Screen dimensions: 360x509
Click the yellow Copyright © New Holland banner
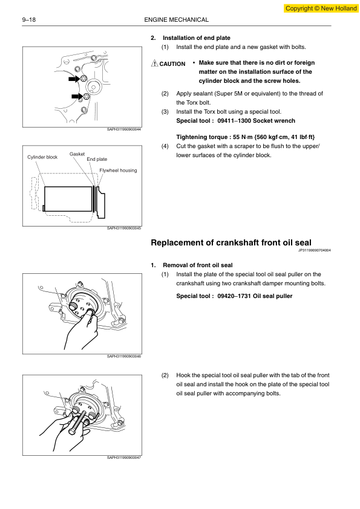coord(321,8)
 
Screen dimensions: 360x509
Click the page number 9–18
coord(29,20)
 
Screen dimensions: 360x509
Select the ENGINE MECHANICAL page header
coord(177,20)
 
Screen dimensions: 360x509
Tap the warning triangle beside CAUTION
coord(155,63)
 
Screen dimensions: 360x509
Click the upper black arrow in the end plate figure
coord(74,79)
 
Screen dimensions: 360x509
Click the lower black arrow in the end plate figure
coord(77,96)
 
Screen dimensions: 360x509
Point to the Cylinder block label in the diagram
coord(42,157)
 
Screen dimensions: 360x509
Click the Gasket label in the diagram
coord(77,154)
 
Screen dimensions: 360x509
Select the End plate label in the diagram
coord(97,159)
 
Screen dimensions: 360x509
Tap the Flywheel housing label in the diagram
coord(118,170)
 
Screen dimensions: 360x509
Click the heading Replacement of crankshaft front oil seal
coord(231,242)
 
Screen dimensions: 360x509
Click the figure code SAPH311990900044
coord(124,129)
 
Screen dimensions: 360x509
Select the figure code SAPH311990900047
coord(124,458)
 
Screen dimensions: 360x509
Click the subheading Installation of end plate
coord(197,38)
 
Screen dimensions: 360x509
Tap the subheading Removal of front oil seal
coord(197,265)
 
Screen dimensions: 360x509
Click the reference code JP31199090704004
coord(315,250)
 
